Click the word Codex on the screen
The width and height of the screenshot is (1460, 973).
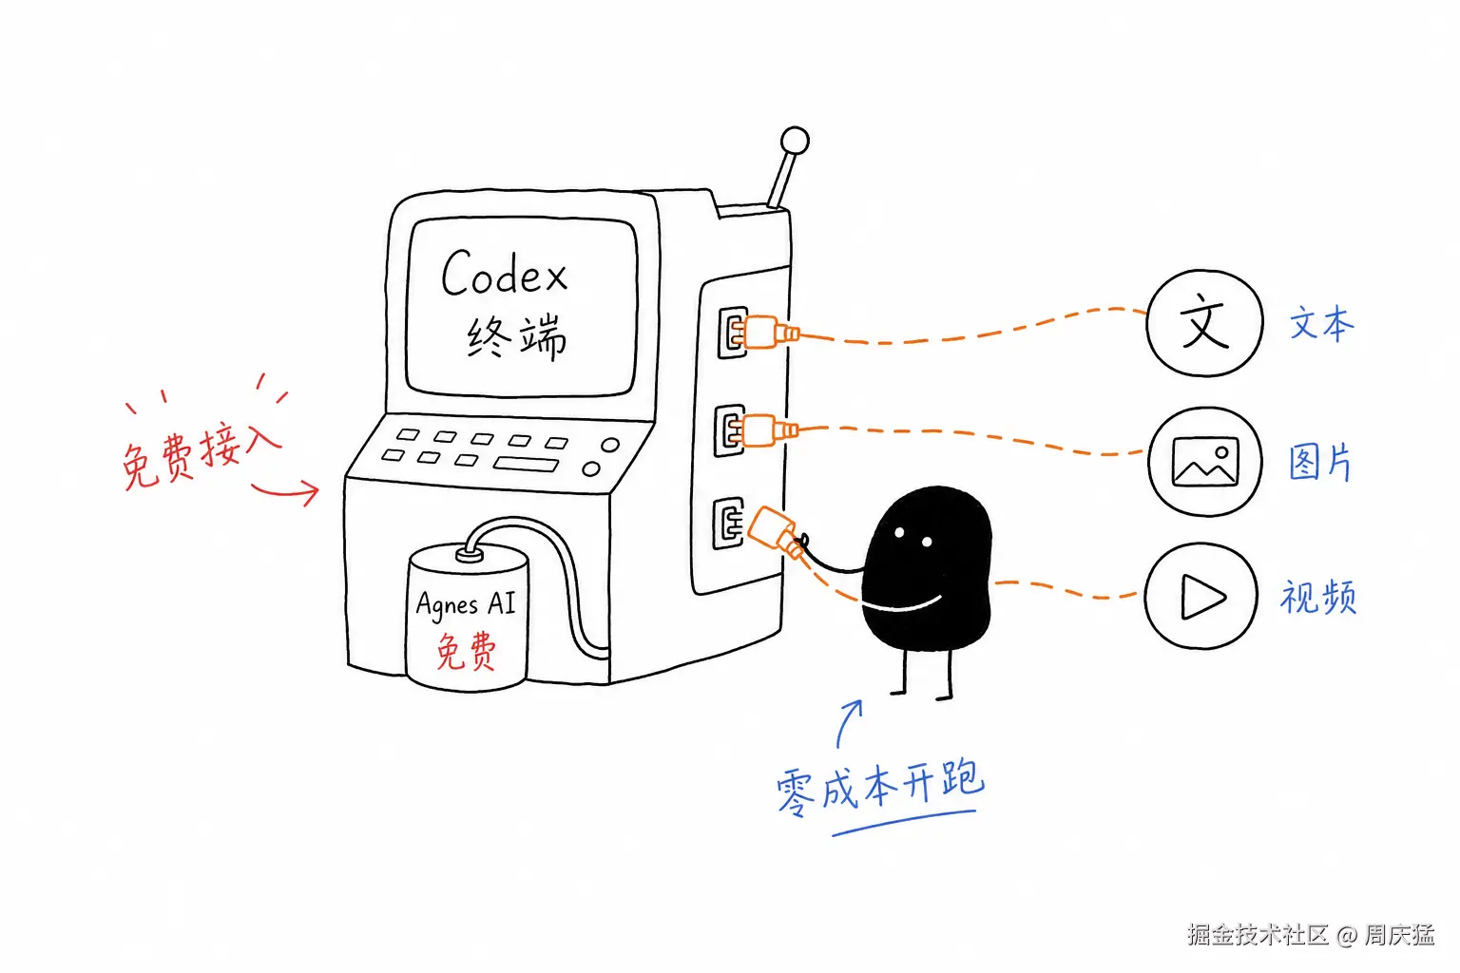coord(504,273)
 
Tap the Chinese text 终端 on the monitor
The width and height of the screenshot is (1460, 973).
coord(517,337)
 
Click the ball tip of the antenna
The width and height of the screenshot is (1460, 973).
coord(795,141)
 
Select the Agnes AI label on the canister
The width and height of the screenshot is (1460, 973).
coord(466,603)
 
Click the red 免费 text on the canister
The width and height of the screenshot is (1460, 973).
coord(466,650)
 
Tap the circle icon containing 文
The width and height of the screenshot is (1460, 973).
coord(1204,323)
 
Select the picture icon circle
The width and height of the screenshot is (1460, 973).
coord(1205,462)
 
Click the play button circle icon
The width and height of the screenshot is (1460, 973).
coord(1201,596)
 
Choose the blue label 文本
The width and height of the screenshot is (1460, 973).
coord(1322,323)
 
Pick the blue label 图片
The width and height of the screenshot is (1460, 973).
coord(1321,462)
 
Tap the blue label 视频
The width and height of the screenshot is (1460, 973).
coord(1318,597)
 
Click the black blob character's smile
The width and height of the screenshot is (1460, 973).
coord(904,605)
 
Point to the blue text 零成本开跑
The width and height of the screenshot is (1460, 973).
coord(880,788)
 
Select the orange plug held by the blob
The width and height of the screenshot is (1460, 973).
coord(777,533)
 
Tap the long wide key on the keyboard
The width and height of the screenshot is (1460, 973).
coord(526,464)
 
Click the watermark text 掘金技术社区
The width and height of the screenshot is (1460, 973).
coord(1258,935)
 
